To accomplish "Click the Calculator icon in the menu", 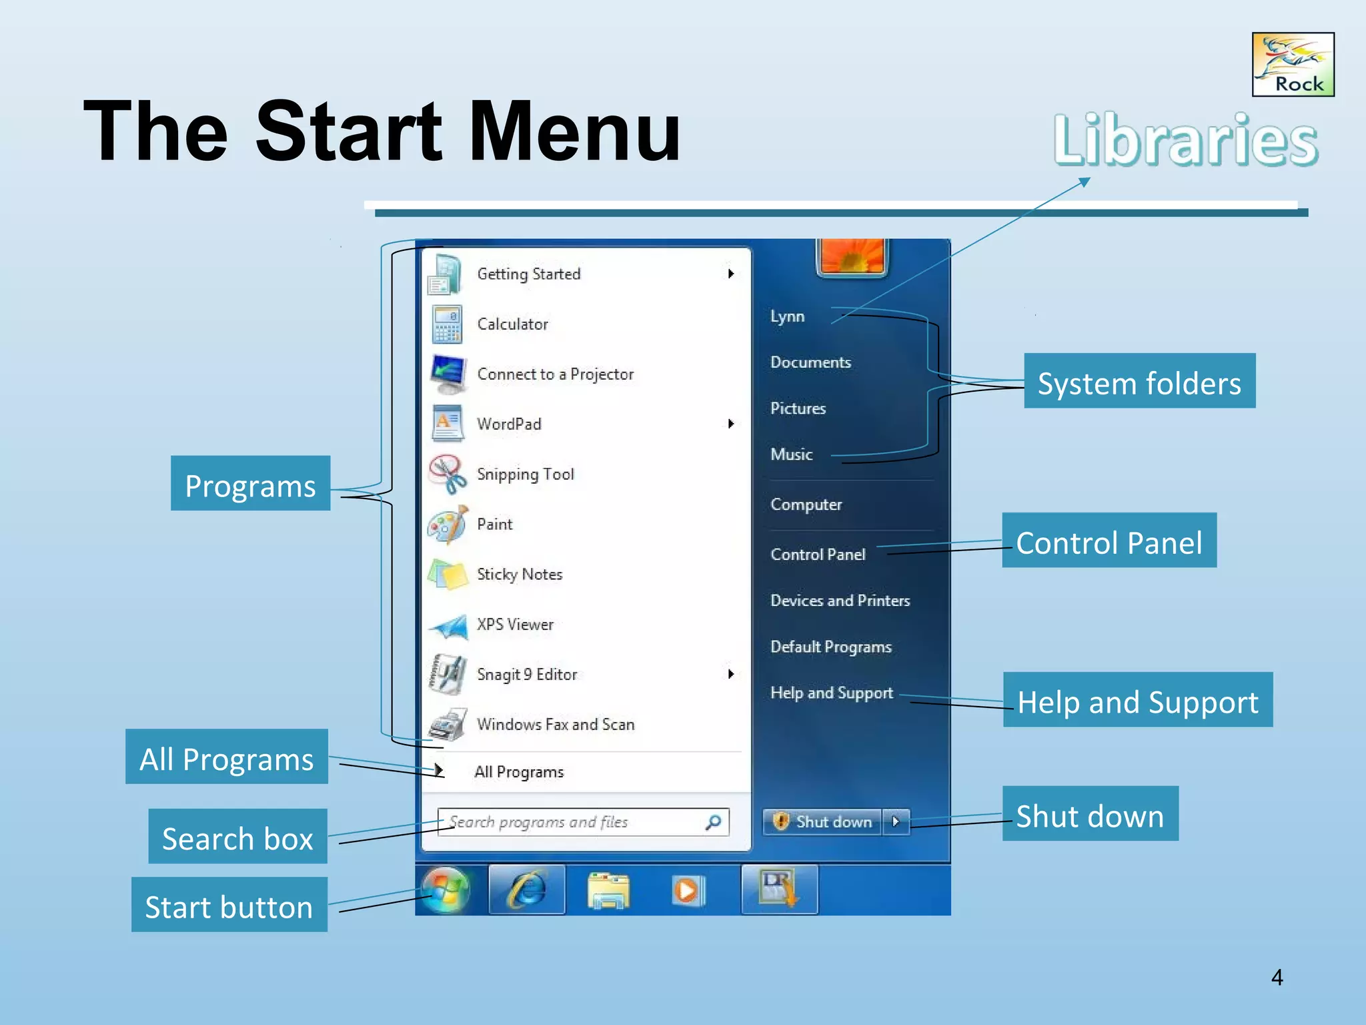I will coord(446,324).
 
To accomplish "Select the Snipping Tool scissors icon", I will coord(446,474).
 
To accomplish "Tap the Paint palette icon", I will coord(446,525).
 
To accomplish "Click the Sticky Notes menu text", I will coord(519,575).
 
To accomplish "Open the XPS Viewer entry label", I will coord(515,625).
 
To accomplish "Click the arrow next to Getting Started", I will coord(731,274).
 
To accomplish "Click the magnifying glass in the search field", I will coord(713,822).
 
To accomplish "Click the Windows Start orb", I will coord(446,890).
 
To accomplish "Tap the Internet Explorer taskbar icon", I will coord(527,890).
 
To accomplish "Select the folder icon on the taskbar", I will coord(608,892).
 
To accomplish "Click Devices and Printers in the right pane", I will coord(840,601).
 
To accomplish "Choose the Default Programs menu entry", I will coord(830,647).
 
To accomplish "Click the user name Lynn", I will coord(787,316).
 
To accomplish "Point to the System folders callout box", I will coord(1139,381).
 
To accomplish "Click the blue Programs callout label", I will coord(250,484).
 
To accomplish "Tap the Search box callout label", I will coord(237,837).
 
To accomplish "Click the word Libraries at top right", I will coord(1185,140).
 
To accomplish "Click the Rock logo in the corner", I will coord(1293,65).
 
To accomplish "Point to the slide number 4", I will coord(1277,978).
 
